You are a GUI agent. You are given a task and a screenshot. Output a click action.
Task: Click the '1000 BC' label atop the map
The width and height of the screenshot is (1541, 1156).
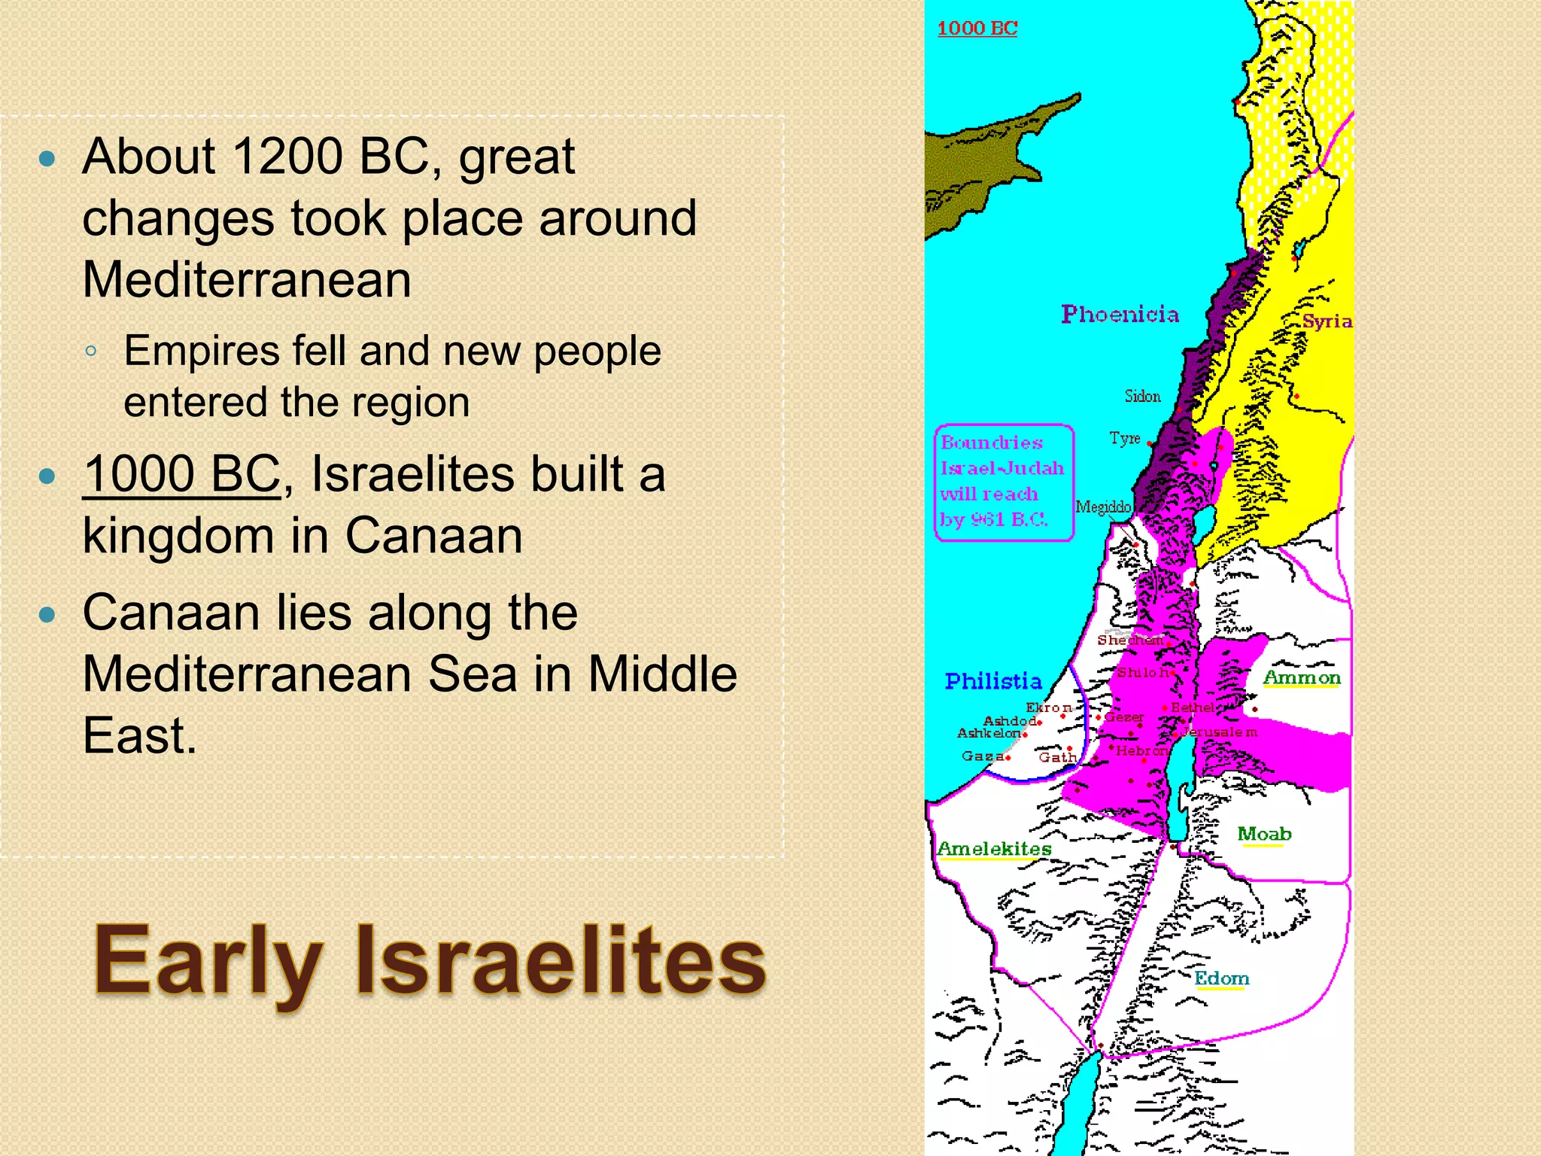[977, 29]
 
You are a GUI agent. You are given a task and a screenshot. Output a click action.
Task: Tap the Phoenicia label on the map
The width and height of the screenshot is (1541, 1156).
[1120, 314]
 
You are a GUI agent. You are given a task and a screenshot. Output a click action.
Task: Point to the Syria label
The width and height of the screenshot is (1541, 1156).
[1327, 321]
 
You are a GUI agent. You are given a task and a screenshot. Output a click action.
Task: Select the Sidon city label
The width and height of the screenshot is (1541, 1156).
[1142, 396]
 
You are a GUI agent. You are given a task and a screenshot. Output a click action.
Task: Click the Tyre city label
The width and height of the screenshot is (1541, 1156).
[1125, 438]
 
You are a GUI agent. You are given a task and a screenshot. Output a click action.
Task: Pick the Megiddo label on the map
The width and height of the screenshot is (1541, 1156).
[1103, 507]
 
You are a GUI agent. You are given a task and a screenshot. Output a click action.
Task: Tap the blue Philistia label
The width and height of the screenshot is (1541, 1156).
[993, 681]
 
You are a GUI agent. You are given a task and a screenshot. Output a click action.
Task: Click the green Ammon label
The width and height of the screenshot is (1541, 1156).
[1302, 677]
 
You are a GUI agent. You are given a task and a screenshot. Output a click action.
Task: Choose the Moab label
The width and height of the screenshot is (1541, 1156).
[1264, 834]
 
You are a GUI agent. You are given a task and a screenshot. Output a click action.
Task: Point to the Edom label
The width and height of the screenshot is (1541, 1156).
[1221, 978]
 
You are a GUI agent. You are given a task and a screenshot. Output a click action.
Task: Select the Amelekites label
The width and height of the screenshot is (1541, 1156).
[994, 849]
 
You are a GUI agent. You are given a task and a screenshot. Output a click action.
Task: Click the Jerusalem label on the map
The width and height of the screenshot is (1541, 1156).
[1220, 732]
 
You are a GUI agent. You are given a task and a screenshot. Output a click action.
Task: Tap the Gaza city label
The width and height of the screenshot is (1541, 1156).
[982, 756]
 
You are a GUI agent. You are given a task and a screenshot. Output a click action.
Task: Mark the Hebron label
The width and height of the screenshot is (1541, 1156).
[1141, 750]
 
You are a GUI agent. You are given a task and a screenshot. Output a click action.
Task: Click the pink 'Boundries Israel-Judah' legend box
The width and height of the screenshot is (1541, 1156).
[1003, 482]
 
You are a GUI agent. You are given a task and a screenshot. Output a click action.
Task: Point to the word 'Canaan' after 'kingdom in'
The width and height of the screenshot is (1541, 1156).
[433, 536]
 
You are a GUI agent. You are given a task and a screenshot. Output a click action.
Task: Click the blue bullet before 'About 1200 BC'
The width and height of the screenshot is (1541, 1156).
[47, 158]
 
